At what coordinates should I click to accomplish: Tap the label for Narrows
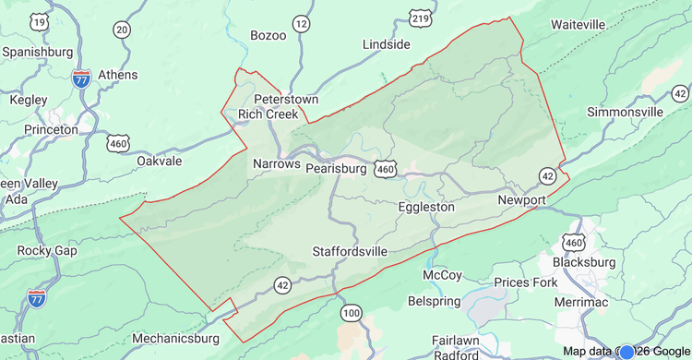click(277, 163)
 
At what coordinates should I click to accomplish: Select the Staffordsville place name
click(349, 251)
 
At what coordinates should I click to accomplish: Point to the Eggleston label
click(425, 207)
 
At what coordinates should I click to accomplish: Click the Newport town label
click(522, 199)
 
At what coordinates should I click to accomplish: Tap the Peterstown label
click(286, 98)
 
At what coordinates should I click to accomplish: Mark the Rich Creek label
click(268, 114)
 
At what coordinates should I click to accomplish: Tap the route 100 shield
click(351, 313)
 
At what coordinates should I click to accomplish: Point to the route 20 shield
click(122, 30)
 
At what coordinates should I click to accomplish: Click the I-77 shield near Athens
click(81, 78)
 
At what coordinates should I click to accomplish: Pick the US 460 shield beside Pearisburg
click(386, 169)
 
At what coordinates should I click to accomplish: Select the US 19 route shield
click(39, 21)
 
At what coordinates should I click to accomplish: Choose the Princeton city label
click(51, 129)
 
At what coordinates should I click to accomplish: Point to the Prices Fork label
click(525, 282)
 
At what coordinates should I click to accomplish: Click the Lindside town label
click(386, 43)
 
